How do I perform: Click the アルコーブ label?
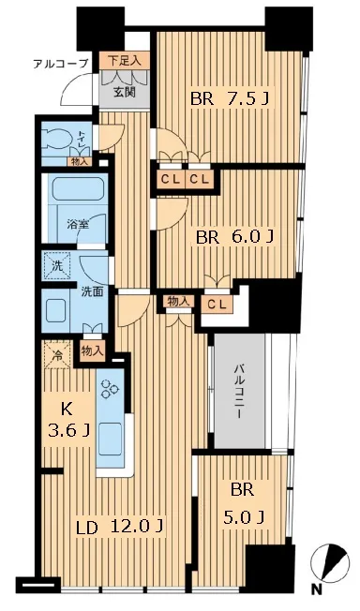pyautogui.click(x=60, y=64)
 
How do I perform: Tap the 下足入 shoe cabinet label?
pyautogui.click(x=123, y=61)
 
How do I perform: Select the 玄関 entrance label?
pyautogui.click(x=125, y=93)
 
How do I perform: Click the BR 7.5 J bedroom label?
pyautogui.click(x=230, y=99)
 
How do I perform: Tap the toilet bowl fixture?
pyautogui.click(x=57, y=139)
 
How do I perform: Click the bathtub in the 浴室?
pyautogui.click(x=79, y=189)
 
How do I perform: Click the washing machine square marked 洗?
pyautogui.click(x=57, y=266)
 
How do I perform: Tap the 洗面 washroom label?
pyautogui.click(x=92, y=291)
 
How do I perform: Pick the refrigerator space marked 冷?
pyautogui.click(x=57, y=355)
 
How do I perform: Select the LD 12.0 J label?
pyautogui.click(x=120, y=528)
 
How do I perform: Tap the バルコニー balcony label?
pyautogui.click(x=239, y=391)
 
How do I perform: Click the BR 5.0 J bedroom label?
pyautogui.click(x=243, y=503)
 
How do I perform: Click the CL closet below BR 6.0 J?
pyautogui.click(x=217, y=305)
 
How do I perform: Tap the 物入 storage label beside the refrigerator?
pyautogui.click(x=93, y=351)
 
